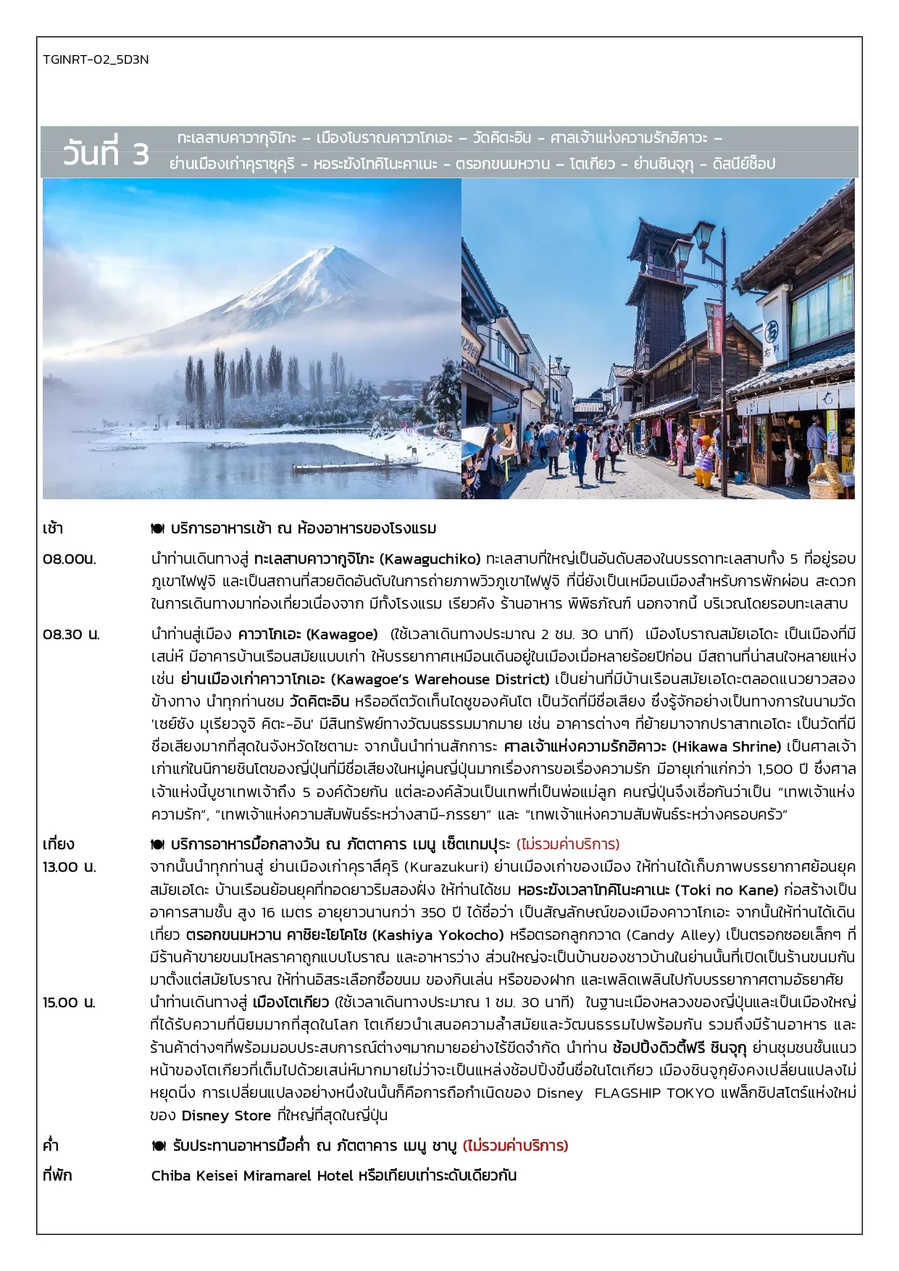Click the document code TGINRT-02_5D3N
96,59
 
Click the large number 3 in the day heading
139,154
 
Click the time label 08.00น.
70,559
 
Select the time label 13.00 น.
70,867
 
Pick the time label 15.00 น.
70,1003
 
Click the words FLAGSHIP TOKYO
654,1093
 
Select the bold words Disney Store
226,1115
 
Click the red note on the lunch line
568,844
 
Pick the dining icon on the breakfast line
157,528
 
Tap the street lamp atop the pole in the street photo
704,233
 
